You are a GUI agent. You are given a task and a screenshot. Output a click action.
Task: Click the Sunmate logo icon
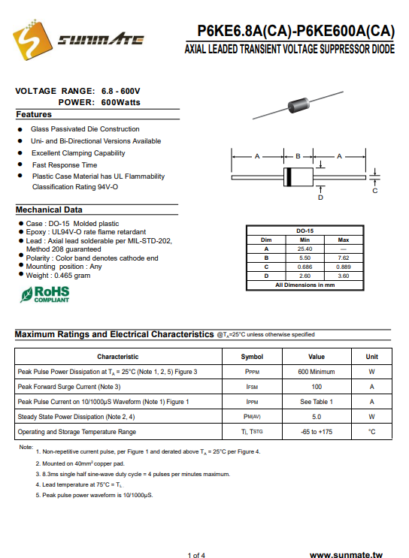point(32,40)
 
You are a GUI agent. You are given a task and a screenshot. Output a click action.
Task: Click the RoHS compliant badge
point(45,294)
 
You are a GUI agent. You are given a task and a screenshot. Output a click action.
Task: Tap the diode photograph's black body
point(298,104)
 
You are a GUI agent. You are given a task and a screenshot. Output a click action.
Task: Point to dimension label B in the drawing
point(298,156)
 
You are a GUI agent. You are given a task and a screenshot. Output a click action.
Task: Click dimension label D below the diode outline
point(320,198)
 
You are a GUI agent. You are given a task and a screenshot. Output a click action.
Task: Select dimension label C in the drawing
point(375,191)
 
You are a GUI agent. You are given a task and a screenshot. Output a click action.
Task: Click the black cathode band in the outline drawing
point(289,177)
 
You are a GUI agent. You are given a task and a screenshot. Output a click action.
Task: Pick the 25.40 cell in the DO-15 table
point(305,249)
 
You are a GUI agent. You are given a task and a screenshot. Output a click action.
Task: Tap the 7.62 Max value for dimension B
point(344,258)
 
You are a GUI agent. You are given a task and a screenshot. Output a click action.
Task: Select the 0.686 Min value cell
point(305,267)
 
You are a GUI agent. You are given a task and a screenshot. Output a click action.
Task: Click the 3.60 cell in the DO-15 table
point(344,276)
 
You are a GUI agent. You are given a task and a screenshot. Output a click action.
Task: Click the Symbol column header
point(252,357)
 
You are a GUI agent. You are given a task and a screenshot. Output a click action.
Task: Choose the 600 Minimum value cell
point(317,372)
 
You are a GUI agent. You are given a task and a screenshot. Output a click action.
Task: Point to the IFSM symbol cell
point(252,387)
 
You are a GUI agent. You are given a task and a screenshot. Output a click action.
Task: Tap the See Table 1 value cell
point(317,402)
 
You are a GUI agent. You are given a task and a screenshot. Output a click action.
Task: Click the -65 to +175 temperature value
point(317,432)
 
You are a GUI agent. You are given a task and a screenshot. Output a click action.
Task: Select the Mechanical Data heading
point(49,210)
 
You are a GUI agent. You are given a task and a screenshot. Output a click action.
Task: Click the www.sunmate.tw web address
point(347,554)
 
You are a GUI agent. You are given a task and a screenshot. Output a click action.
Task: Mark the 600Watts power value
point(121,102)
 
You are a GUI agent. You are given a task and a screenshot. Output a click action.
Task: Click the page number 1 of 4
point(196,555)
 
